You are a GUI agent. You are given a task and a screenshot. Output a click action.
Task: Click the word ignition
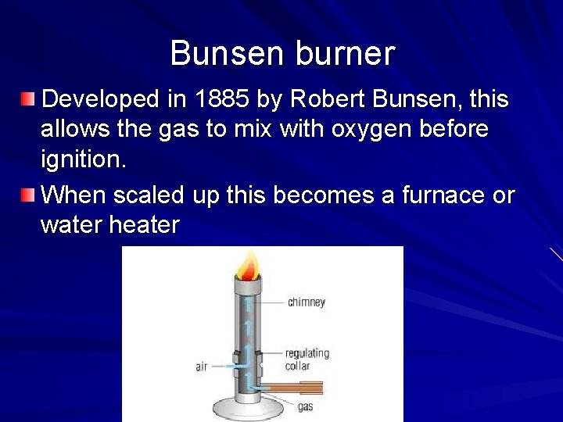(x=82, y=160)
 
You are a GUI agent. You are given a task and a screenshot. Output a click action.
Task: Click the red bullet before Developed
(x=28, y=99)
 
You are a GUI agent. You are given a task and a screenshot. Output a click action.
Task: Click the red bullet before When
(x=28, y=194)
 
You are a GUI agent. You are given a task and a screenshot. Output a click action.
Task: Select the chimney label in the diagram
(x=306, y=302)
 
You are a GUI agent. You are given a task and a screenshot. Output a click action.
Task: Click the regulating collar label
(x=307, y=359)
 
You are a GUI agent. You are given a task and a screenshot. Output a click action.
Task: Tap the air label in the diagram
(x=201, y=365)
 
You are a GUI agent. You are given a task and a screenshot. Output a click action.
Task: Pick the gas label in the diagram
(x=306, y=406)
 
